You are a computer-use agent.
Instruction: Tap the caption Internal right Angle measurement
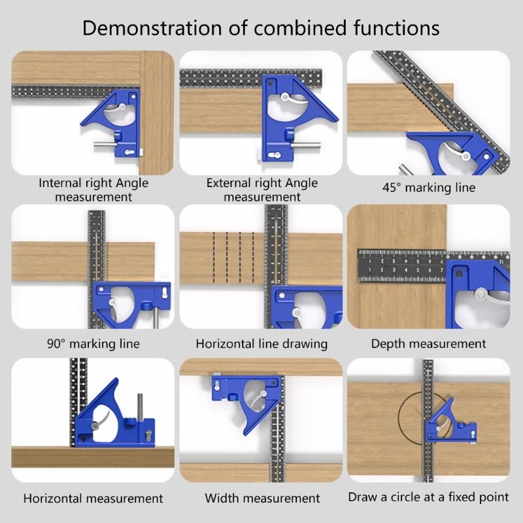pyautogui.click(x=93, y=190)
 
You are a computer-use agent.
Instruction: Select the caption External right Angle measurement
pyautogui.click(x=261, y=190)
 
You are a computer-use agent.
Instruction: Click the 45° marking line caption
pyautogui.click(x=428, y=188)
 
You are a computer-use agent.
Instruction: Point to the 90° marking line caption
pyautogui.click(x=93, y=343)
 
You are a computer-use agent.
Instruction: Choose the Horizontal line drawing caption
pyautogui.click(x=261, y=343)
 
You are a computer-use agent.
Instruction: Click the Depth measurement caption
pyautogui.click(x=428, y=343)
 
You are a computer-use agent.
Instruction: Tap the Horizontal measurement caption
pyautogui.click(x=93, y=498)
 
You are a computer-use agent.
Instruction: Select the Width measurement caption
pyautogui.click(x=262, y=498)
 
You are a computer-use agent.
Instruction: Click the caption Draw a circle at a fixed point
pyautogui.click(x=428, y=497)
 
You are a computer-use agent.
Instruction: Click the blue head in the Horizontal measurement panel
pyautogui.click(x=111, y=418)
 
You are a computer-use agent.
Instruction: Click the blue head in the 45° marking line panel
pyautogui.click(x=451, y=154)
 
